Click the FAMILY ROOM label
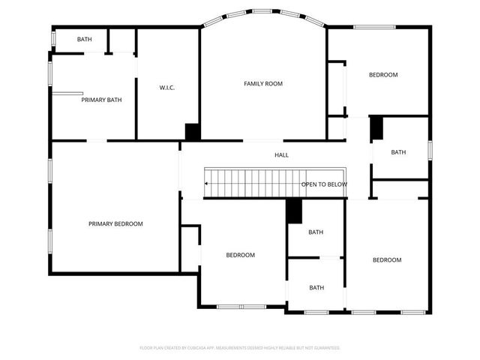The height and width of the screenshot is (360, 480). point(262,83)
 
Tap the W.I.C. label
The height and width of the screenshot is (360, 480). point(167,88)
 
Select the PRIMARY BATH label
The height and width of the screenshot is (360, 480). point(101,100)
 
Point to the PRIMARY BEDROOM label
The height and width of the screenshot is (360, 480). point(115,223)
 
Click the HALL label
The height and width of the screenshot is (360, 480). point(281,155)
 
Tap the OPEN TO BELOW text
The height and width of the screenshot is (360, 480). point(324,184)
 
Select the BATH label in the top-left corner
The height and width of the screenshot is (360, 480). point(85,39)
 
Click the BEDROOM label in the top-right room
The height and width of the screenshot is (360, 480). point(382,74)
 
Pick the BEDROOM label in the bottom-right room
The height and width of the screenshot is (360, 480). point(387,259)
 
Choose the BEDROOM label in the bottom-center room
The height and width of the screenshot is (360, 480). point(240,255)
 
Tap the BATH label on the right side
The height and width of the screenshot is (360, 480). point(398,152)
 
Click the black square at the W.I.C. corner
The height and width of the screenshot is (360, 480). point(192,131)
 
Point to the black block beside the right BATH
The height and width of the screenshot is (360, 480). point(376,127)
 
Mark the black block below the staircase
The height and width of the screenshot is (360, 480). point(294,211)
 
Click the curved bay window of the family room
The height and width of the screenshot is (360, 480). point(262,13)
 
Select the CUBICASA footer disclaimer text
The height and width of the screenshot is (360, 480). point(240,348)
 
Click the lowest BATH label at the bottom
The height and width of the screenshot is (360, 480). point(316,287)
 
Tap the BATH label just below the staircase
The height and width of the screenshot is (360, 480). point(316,232)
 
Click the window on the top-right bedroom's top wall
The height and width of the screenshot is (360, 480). point(374,28)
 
